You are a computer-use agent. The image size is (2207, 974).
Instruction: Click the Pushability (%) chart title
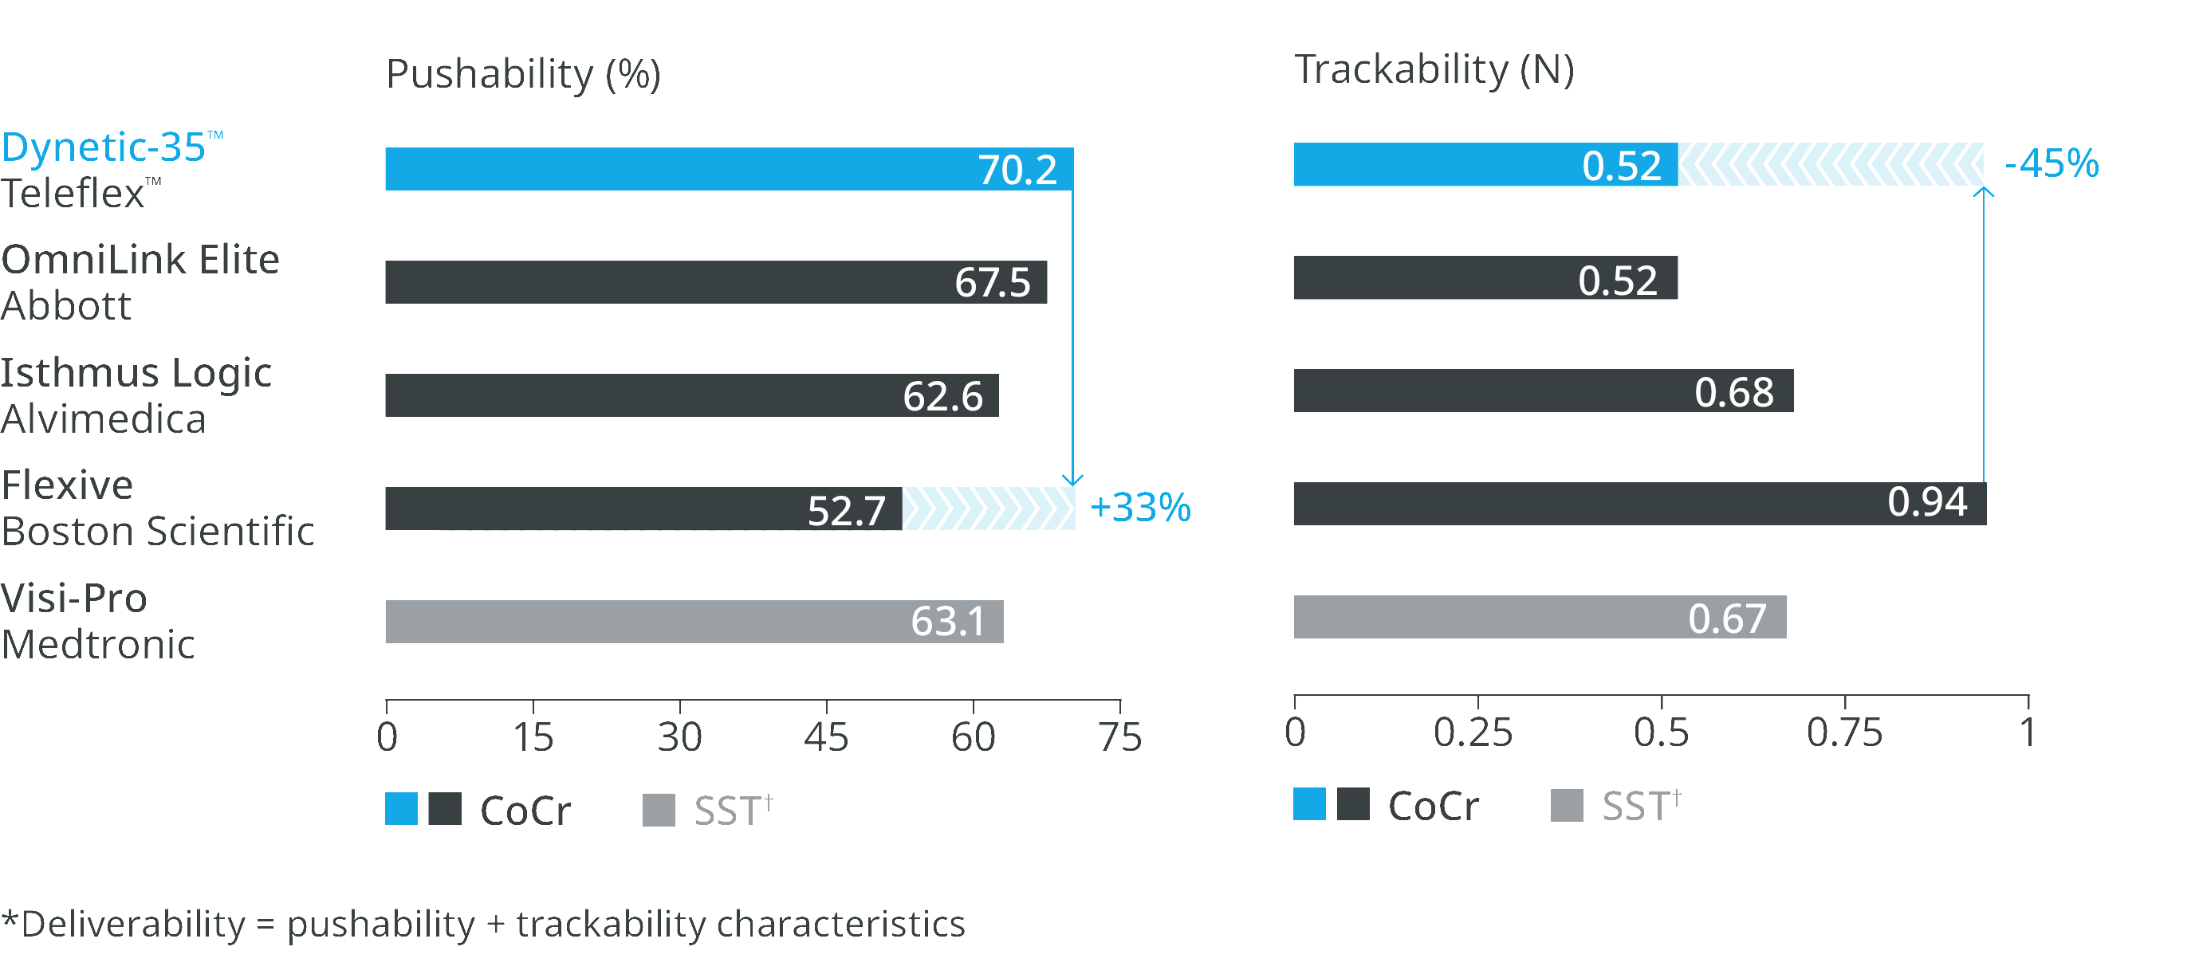(x=524, y=75)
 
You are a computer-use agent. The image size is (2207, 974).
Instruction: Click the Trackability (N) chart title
(x=1434, y=70)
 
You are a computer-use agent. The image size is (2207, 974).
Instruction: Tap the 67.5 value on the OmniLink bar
(x=992, y=283)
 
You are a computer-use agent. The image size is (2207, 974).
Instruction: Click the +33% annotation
(x=1139, y=507)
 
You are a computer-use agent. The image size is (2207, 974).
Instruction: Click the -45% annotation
(x=2052, y=163)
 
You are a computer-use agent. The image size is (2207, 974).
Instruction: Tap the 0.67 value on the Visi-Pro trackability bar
(x=1727, y=619)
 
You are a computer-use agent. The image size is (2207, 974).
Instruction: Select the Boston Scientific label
(x=159, y=531)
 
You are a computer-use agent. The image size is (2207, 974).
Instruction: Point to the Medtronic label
(x=99, y=644)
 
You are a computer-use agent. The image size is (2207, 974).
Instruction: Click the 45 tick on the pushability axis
(x=826, y=736)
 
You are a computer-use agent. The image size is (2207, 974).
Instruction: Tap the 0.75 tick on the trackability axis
(x=1843, y=732)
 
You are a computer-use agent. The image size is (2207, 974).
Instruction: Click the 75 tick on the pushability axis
(x=1119, y=736)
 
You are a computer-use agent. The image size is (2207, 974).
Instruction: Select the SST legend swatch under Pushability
(x=658, y=810)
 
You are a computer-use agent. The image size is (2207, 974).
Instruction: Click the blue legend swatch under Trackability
(x=1309, y=804)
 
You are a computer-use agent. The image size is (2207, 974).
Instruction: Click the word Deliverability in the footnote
(x=133, y=925)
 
